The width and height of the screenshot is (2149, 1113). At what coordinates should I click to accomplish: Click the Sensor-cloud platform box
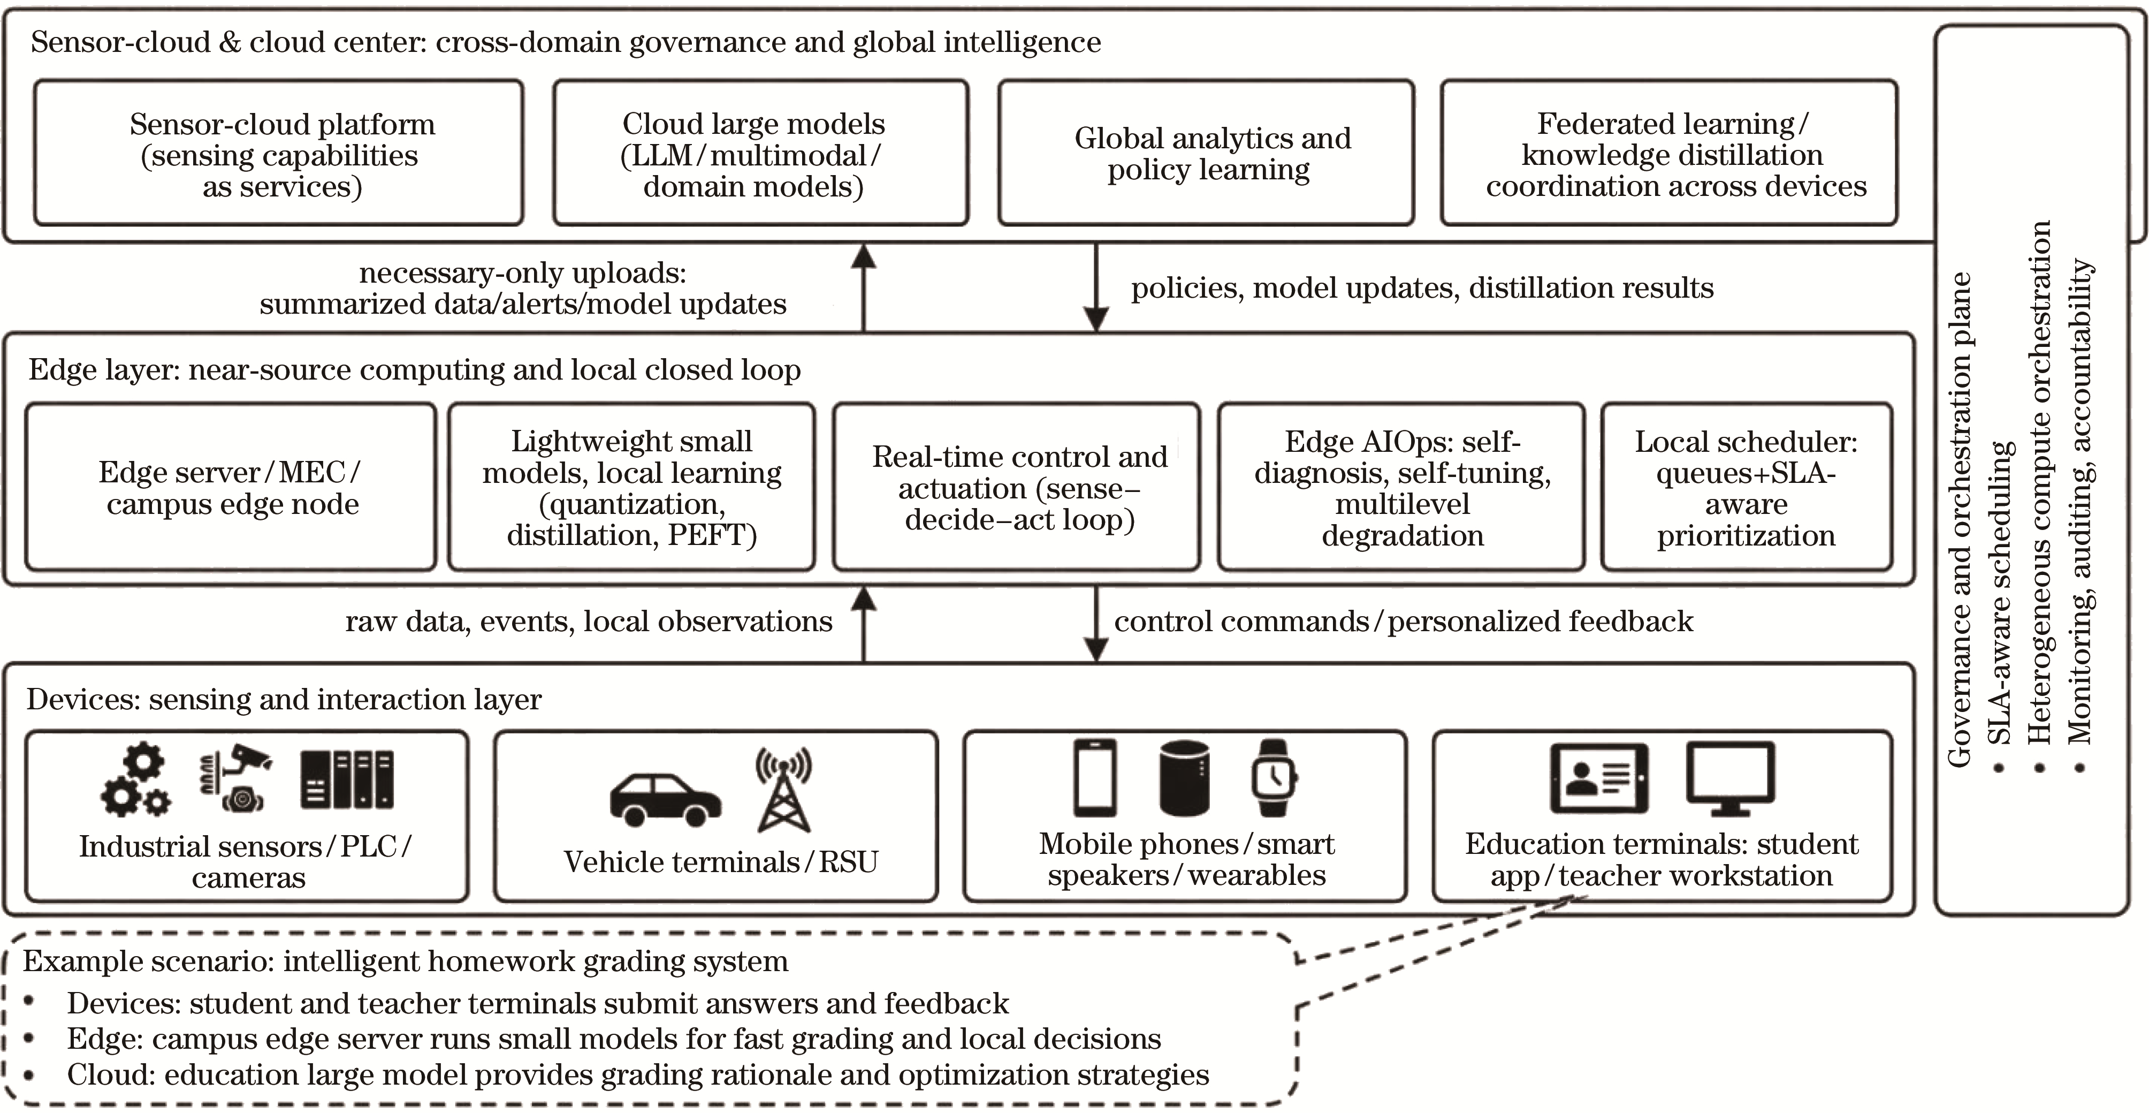pos(279,153)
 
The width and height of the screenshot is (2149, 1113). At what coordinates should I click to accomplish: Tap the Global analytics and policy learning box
pos(1206,153)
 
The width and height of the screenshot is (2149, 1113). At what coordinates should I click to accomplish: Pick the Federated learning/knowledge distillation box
pos(1668,153)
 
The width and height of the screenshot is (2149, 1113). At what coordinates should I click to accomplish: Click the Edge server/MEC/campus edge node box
pos(230,487)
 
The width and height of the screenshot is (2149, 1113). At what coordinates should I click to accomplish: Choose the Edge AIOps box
pos(1401,487)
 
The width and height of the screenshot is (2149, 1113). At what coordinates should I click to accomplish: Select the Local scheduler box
pos(1746,487)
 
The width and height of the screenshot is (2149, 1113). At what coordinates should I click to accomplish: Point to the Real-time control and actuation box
pos(1016,487)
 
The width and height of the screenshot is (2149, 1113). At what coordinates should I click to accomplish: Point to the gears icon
pos(138,779)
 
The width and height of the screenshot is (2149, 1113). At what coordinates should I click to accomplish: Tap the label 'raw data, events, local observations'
pos(589,622)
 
